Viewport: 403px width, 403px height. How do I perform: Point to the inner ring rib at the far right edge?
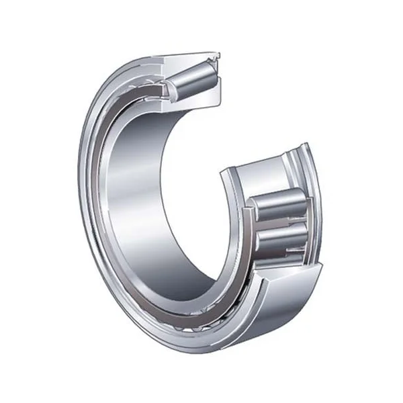pos(313,201)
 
